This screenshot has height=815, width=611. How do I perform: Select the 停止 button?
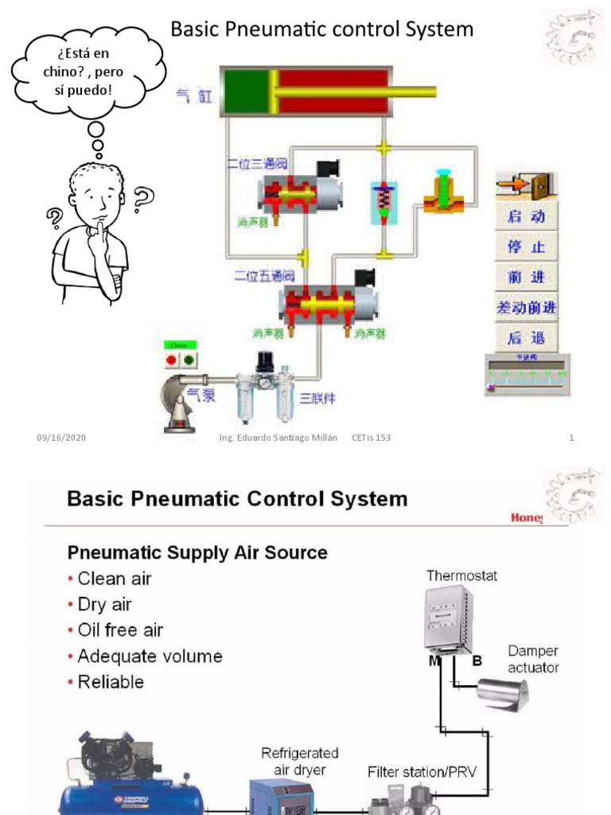click(x=526, y=247)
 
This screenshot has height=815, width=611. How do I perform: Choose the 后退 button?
click(x=526, y=337)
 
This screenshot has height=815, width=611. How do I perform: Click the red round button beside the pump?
click(x=171, y=360)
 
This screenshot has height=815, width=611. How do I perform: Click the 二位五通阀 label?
click(x=264, y=276)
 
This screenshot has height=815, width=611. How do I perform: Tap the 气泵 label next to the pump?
click(x=201, y=395)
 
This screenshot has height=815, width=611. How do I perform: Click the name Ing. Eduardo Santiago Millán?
click(x=278, y=438)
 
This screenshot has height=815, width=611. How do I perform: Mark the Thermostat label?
click(x=461, y=575)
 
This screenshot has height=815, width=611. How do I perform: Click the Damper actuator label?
click(x=532, y=659)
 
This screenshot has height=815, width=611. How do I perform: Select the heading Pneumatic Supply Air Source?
click(x=197, y=552)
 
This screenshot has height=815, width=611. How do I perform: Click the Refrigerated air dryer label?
click(x=300, y=761)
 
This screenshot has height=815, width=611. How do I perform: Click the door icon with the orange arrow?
click(x=526, y=185)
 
